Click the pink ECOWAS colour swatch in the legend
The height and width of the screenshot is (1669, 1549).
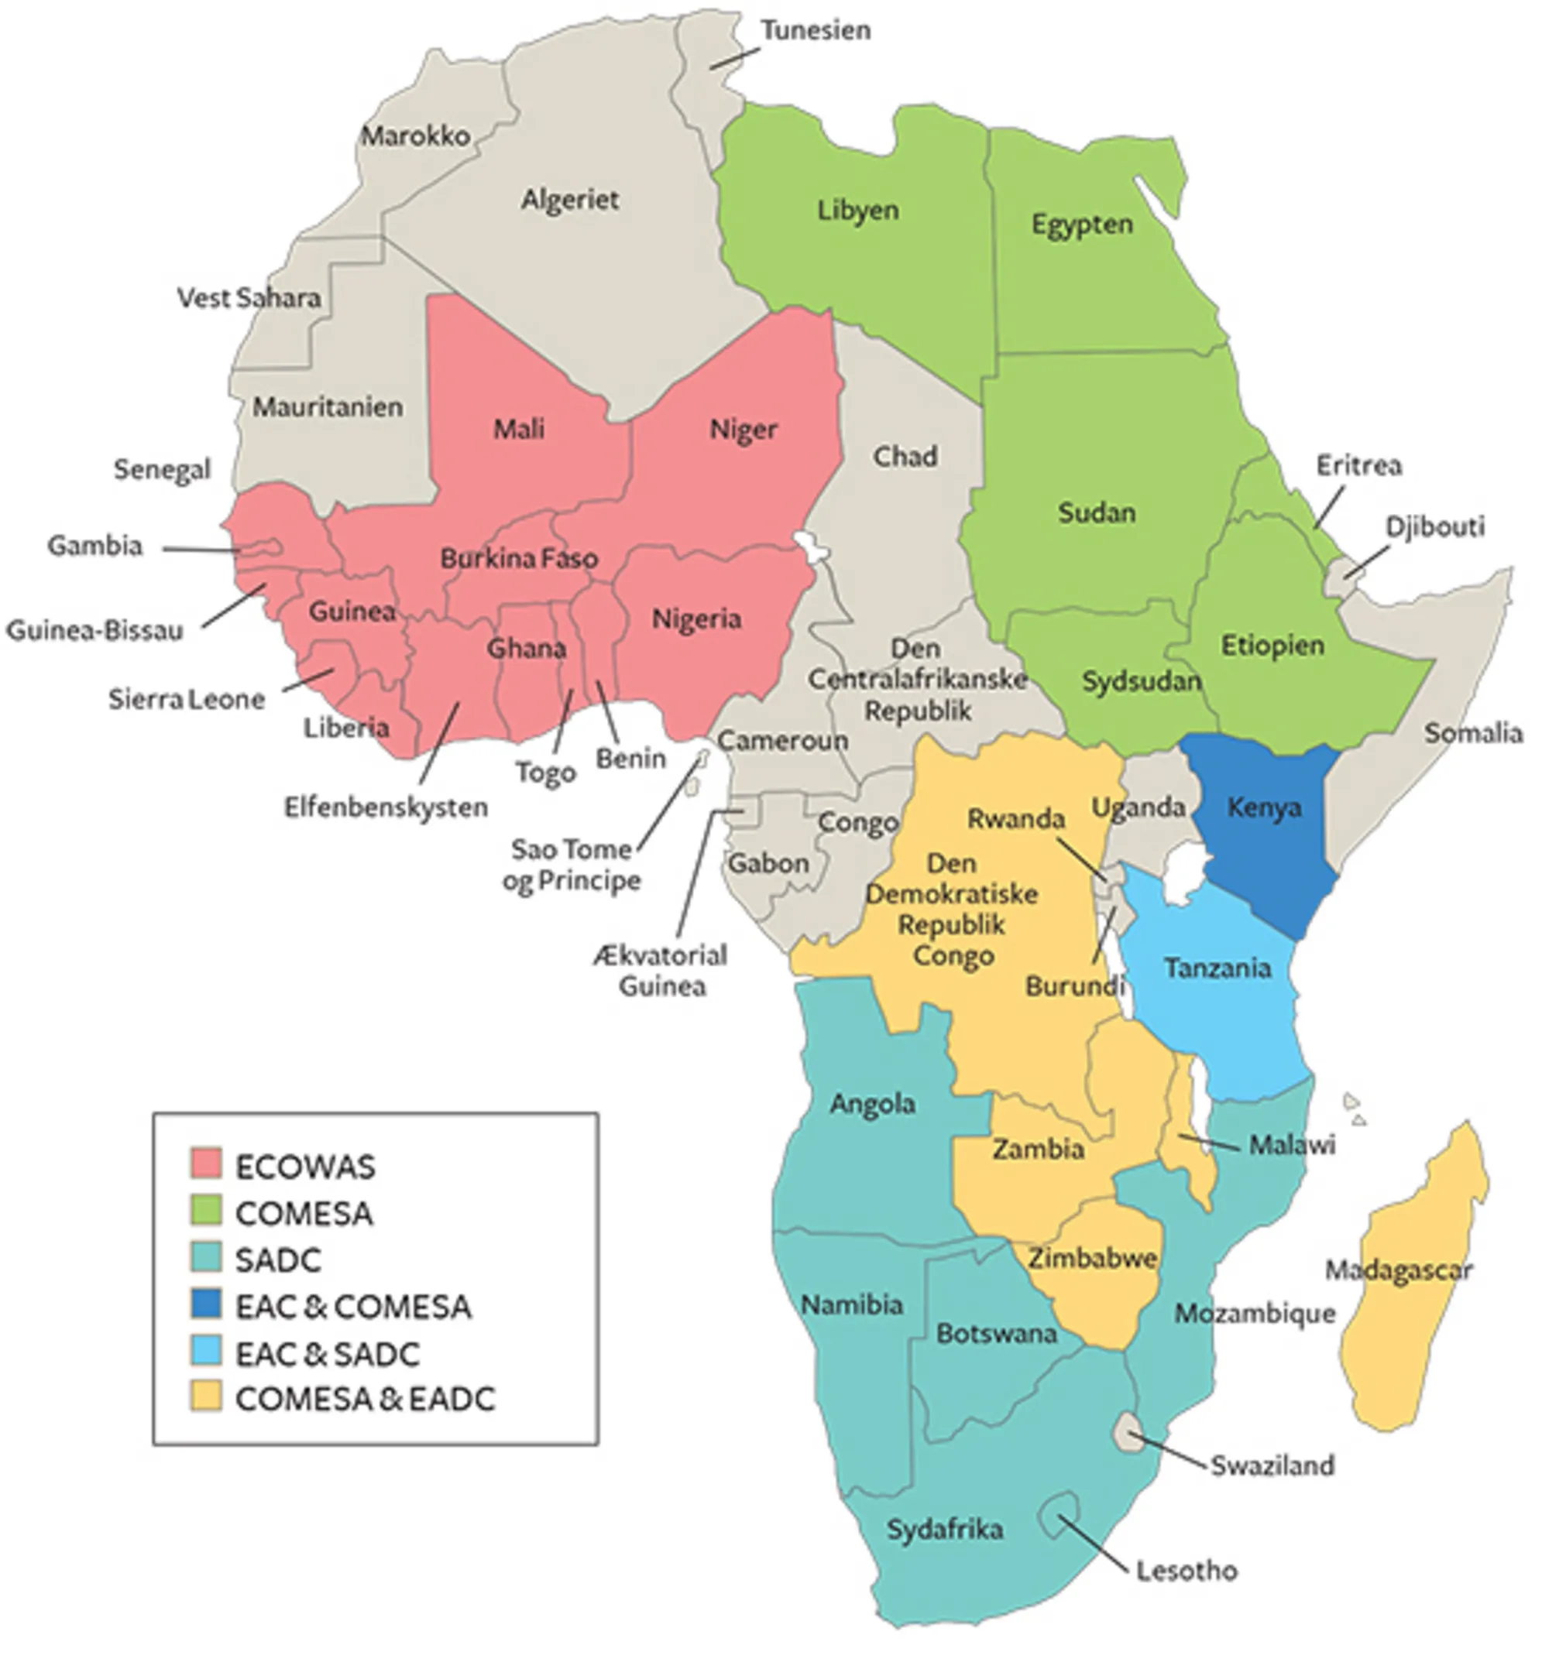pos(206,1163)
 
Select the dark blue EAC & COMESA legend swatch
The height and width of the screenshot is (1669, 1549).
pos(206,1304)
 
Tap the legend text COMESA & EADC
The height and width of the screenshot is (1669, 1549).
pos(366,1397)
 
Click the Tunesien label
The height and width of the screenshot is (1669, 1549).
pos(815,31)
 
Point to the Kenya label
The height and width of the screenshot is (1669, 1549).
pos(1264,807)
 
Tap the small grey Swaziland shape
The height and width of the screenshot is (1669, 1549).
pos(1129,1429)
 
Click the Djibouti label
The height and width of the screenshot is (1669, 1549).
pos(1434,527)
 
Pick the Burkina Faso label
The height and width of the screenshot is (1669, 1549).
pos(519,558)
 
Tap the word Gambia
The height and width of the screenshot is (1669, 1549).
pos(94,547)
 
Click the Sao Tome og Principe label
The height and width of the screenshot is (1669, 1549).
pos(572,865)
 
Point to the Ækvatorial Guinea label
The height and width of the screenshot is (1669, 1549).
pos(661,970)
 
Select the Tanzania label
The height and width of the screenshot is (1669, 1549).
pos(1217,968)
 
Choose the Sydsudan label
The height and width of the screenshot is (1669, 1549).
pos(1141,681)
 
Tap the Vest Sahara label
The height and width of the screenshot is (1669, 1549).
pos(248,297)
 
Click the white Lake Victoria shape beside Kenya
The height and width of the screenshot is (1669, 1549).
pos(1183,874)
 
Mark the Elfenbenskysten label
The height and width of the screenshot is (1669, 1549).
pos(386,807)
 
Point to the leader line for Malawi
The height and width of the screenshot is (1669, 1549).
pos(1209,1141)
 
